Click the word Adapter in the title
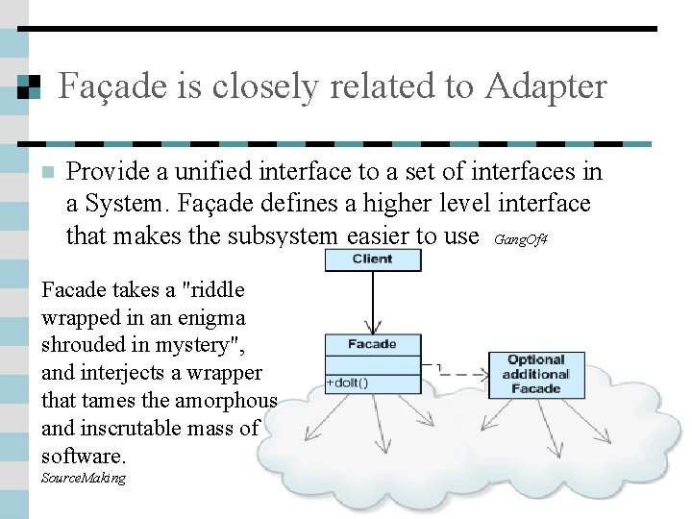(546, 86)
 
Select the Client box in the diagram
(372, 259)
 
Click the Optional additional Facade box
(536, 375)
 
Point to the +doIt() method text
(349, 383)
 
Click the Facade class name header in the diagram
(372, 344)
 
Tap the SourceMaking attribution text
(84, 478)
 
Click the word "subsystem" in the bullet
(285, 235)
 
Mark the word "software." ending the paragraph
(84, 456)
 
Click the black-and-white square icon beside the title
(29, 87)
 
